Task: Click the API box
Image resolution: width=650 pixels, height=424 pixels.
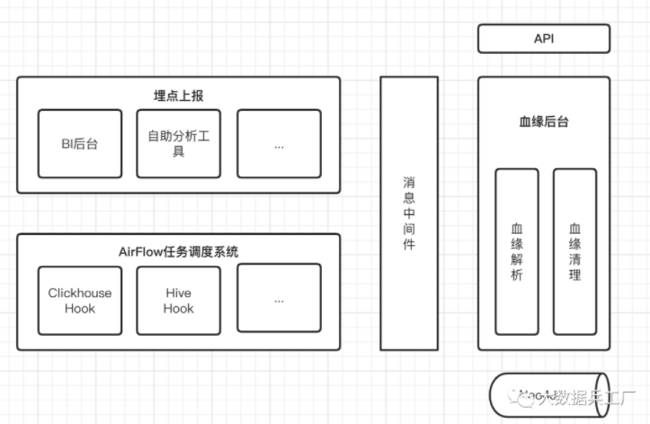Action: click(543, 39)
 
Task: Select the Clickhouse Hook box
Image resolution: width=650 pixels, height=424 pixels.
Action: click(80, 300)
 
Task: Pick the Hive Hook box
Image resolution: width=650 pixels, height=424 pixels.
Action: click(178, 300)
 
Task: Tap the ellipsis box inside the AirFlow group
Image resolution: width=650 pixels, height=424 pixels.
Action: click(279, 300)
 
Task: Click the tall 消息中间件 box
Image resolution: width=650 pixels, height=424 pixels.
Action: click(409, 212)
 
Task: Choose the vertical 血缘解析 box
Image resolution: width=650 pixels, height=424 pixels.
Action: click(517, 252)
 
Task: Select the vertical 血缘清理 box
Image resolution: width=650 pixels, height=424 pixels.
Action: click(574, 252)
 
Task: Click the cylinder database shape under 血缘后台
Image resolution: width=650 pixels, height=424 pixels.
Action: click(548, 396)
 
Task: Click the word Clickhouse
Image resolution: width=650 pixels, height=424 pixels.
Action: click(80, 293)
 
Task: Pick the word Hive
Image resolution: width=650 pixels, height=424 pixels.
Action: click(178, 293)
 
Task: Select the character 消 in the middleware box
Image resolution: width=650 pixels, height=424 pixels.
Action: click(409, 180)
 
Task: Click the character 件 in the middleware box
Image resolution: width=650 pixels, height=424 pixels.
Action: click(409, 245)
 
